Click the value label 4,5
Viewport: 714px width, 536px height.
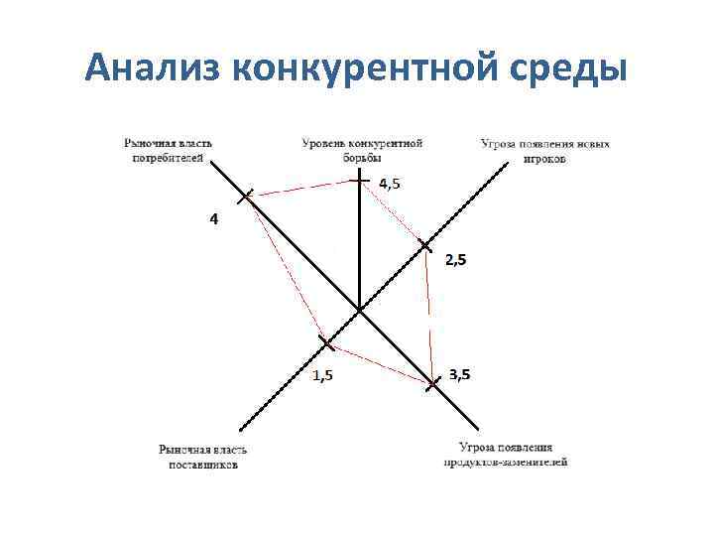pyautogui.click(x=392, y=183)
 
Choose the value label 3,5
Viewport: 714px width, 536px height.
pyautogui.click(x=460, y=374)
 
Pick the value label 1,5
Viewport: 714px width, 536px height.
pyautogui.click(x=323, y=375)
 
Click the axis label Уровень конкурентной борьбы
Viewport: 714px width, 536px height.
pyautogui.click(x=362, y=150)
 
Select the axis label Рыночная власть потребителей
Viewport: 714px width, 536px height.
pyautogui.click(x=169, y=150)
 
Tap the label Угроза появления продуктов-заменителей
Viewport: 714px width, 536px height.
pyautogui.click(x=506, y=455)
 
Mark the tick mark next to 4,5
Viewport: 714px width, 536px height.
pyautogui.click(x=359, y=180)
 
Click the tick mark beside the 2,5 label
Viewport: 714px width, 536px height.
pyautogui.click(x=424, y=244)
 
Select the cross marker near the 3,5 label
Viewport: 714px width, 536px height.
pyautogui.click(x=433, y=382)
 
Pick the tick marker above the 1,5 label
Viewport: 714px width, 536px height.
pyautogui.click(x=326, y=343)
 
